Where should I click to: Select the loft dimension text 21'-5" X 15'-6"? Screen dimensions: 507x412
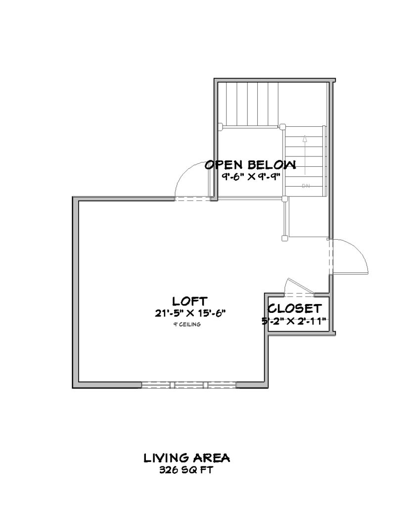[x=190, y=312]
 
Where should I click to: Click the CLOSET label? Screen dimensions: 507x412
[x=295, y=308]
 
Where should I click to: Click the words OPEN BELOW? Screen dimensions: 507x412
[x=251, y=165]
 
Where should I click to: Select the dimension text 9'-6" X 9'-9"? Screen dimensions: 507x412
[x=251, y=177]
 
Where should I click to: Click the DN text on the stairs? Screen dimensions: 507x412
[x=305, y=186]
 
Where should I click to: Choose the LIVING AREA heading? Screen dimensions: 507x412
[x=186, y=458]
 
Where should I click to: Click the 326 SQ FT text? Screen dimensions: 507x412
[x=186, y=470]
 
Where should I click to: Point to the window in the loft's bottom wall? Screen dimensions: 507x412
[x=189, y=384]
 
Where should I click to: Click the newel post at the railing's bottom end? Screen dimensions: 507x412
[x=284, y=238]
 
